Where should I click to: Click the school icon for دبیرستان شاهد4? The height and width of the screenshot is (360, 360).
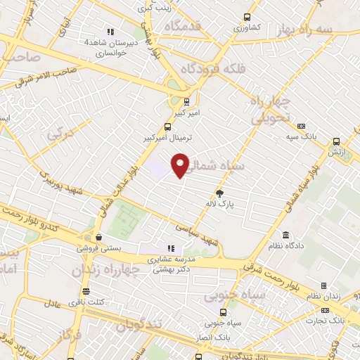pos(110,32)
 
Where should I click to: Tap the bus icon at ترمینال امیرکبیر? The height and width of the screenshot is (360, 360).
pos(167,127)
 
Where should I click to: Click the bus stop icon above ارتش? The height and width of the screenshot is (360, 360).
pos(337,140)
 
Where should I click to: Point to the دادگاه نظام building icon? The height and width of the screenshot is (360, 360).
pos(285,235)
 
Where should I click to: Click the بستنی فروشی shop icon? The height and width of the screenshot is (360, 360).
pos(98,237)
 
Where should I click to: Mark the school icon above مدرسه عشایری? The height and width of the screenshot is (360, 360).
pos(170,248)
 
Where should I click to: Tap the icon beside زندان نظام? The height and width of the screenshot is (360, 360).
pos(323,285)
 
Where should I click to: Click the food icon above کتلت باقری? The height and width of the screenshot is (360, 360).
pos(86,291)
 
